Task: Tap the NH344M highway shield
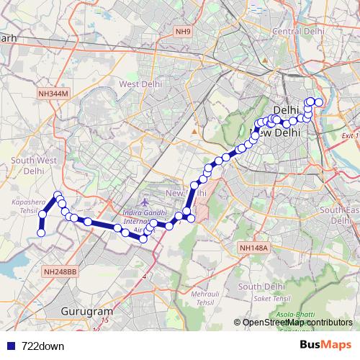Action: [x=53, y=94]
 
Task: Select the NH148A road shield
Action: [x=253, y=248]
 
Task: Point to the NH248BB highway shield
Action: [x=60, y=271]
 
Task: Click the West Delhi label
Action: [x=139, y=84]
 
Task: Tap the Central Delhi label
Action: [x=295, y=30]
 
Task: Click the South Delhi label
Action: [x=258, y=286]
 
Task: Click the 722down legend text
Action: [x=43, y=346]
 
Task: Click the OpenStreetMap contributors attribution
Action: [x=297, y=323]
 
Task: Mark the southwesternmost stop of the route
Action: [x=41, y=233]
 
